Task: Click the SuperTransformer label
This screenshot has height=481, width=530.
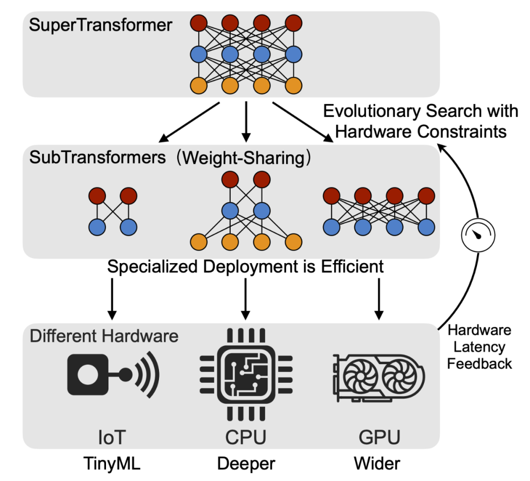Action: point(101,25)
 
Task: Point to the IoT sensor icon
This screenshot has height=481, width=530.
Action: point(113,376)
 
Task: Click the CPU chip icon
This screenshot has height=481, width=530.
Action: point(245,375)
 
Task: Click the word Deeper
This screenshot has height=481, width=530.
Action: point(246,463)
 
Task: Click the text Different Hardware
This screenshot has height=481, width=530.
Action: point(104,336)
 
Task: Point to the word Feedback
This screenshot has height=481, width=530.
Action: point(479,364)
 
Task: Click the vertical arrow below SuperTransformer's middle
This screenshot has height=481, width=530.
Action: point(246,121)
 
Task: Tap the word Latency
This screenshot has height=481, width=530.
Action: point(479,347)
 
